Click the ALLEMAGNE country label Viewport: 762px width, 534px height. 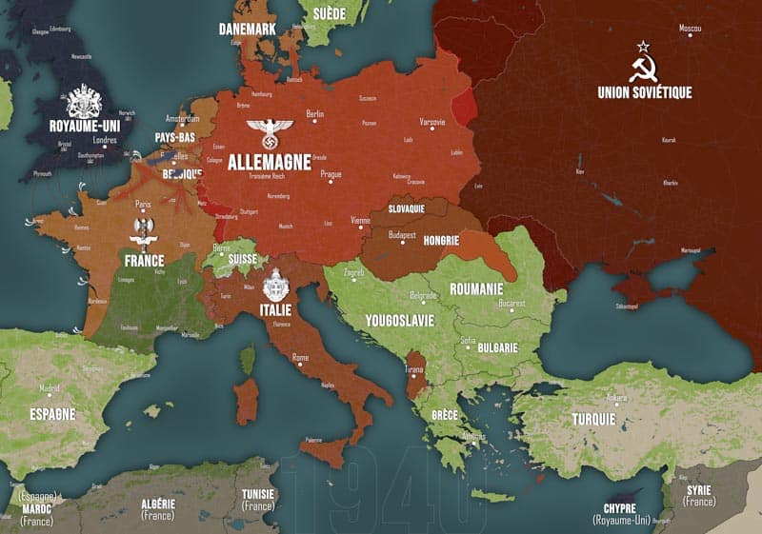point(270,162)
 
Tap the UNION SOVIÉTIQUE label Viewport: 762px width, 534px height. point(645,92)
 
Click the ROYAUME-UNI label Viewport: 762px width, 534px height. point(84,124)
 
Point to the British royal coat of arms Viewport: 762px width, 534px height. point(84,99)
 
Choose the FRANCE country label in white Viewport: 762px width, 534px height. point(144,260)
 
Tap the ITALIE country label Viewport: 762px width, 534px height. point(276,309)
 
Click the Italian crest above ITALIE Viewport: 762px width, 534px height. point(276,285)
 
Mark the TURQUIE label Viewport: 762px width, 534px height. point(594,419)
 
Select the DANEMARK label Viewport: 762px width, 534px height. point(247,30)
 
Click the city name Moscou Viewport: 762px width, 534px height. point(690,30)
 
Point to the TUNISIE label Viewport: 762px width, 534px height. point(257,495)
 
